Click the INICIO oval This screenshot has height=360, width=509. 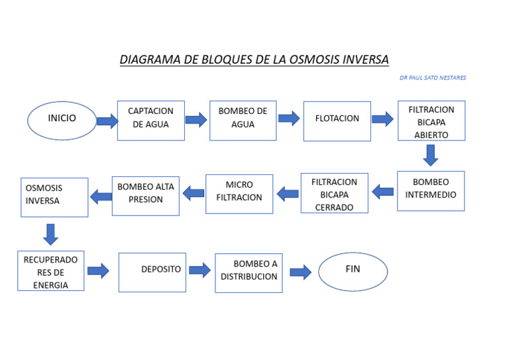pyautogui.click(x=62, y=120)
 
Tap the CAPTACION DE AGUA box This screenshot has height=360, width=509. pyautogui.click(x=150, y=121)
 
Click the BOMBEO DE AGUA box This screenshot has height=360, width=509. pyautogui.click(x=243, y=121)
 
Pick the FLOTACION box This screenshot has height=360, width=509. pyautogui.click(x=337, y=121)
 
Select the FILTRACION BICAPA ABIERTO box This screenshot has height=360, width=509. pyautogui.click(x=431, y=121)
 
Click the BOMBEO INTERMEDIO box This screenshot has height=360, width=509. pyautogui.click(x=431, y=191)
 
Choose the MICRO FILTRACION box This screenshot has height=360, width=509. pyautogui.click(x=239, y=194)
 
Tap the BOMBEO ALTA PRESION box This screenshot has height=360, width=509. pyautogui.click(x=145, y=196)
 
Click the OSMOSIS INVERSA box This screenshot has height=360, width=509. pyautogui.click(x=54, y=197)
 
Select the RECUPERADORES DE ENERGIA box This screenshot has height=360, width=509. pyautogui.click(x=51, y=271)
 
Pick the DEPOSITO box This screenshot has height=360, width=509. pyautogui.click(x=152, y=272)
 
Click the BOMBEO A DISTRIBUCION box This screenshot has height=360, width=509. pyautogui.click(x=249, y=272)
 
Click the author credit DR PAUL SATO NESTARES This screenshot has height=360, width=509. pyautogui.click(x=432, y=78)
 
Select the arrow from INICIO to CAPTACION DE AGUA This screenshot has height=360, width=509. pyautogui.click(x=107, y=121)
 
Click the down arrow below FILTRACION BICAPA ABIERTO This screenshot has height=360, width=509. pyautogui.click(x=431, y=155)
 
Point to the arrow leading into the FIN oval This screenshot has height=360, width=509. pyautogui.click(x=300, y=272)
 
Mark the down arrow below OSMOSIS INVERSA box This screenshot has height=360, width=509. pyautogui.click(x=50, y=233)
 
